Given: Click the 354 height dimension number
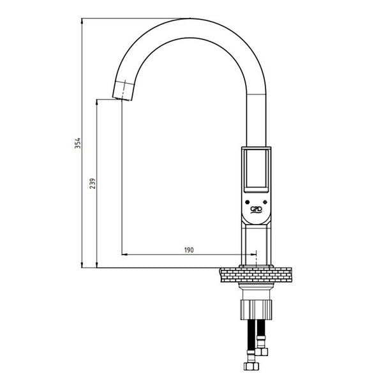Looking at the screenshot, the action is (x=78, y=144).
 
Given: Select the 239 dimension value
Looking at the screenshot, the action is (x=93, y=183).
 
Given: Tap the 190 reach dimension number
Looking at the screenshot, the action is (x=189, y=250).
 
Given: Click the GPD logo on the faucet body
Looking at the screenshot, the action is (x=256, y=209).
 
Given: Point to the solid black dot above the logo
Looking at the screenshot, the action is (x=247, y=202).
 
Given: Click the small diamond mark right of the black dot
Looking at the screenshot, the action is (x=265, y=202).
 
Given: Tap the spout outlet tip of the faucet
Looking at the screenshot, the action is (x=122, y=99).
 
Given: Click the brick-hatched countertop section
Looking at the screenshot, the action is (x=256, y=274).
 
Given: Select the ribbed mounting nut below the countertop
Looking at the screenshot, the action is (x=256, y=310).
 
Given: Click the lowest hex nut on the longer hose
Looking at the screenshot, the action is (x=251, y=366).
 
